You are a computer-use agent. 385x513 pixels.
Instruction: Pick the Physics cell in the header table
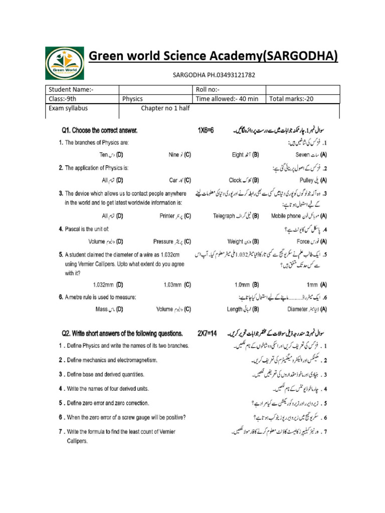click(133, 99)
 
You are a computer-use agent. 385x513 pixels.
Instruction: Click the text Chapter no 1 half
click(165, 108)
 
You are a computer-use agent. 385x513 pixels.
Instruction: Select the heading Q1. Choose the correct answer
click(99, 131)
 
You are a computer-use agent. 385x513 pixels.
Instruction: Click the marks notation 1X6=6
click(206, 131)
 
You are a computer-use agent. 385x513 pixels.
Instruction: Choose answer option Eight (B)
click(245, 155)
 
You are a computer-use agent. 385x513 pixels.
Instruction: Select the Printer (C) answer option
click(172, 216)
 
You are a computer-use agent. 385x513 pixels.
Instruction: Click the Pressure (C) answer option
click(172, 241)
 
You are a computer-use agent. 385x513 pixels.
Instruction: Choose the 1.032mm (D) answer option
click(108, 285)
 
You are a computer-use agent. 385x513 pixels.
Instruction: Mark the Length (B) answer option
click(243, 309)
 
